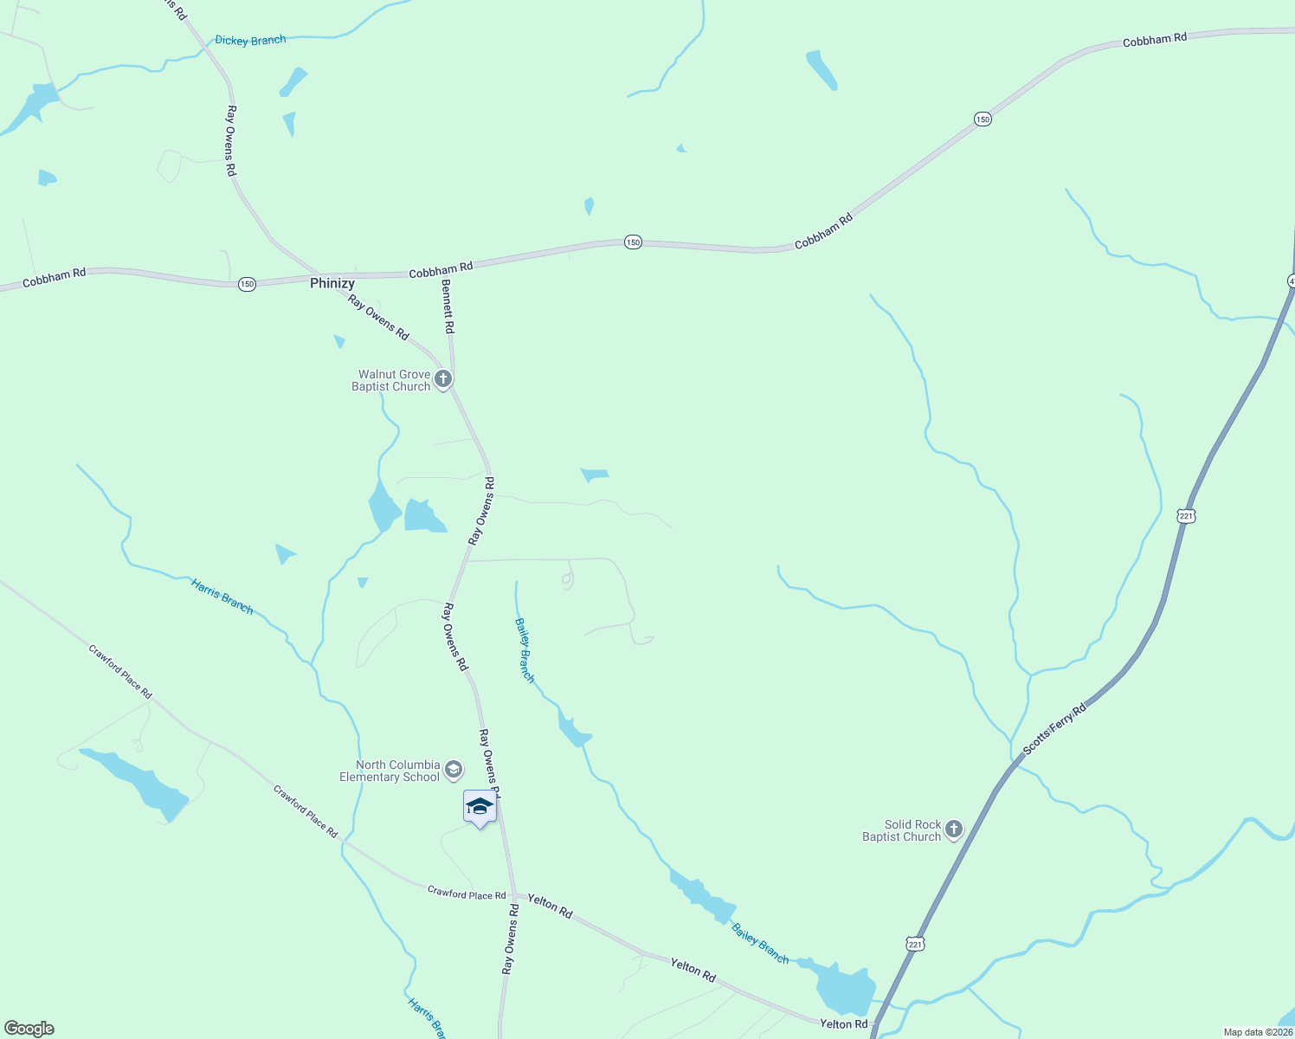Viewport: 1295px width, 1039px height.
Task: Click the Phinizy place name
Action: click(332, 283)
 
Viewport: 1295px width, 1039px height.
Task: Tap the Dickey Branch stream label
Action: click(250, 41)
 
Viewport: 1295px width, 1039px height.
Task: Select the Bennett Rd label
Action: click(448, 307)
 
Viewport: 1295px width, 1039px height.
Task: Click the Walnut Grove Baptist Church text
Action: click(391, 381)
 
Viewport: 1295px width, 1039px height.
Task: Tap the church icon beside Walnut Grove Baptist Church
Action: click(443, 379)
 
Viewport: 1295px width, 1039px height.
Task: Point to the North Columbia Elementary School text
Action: click(390, 771)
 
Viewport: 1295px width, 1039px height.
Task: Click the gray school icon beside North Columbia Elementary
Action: click(454, 770)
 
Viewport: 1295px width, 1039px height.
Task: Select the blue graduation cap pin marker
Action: click(480, 808)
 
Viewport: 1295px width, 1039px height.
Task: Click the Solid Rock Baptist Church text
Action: click(902, 830)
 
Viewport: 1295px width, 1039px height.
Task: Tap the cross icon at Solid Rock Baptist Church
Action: click(953, 829)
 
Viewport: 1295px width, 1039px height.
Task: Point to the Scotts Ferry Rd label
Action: click(1054, 730)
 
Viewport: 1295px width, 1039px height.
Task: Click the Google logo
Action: click(29, 1029)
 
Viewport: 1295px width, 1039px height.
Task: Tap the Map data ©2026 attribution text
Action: click(1258, 1032)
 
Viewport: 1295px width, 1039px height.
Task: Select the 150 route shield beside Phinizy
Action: click(248, 284)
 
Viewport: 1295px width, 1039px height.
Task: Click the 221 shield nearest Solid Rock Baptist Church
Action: click(916, 944)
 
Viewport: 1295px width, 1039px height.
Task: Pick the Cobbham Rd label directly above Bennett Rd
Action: click(441, 270)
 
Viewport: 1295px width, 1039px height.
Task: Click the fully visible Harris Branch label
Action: click(222, 597)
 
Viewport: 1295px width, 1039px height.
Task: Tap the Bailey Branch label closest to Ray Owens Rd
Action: click(525, 649)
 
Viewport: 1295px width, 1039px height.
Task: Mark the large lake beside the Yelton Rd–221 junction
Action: click(845, 989)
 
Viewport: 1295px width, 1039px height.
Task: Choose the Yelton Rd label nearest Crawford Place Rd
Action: click(551, 907)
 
